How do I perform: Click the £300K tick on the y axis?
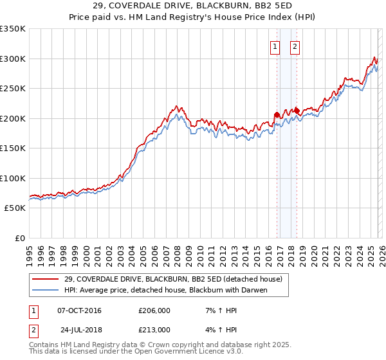[13, 59]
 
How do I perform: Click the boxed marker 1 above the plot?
[275, 46]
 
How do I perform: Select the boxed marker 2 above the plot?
[295, 46]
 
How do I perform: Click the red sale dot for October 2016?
[277, 114]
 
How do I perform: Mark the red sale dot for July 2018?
[297, 111]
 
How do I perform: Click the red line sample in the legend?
[46, 279]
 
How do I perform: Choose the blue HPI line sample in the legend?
[46, 290]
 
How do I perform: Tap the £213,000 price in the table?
[154, 330]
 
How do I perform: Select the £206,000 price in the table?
[154, 310]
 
